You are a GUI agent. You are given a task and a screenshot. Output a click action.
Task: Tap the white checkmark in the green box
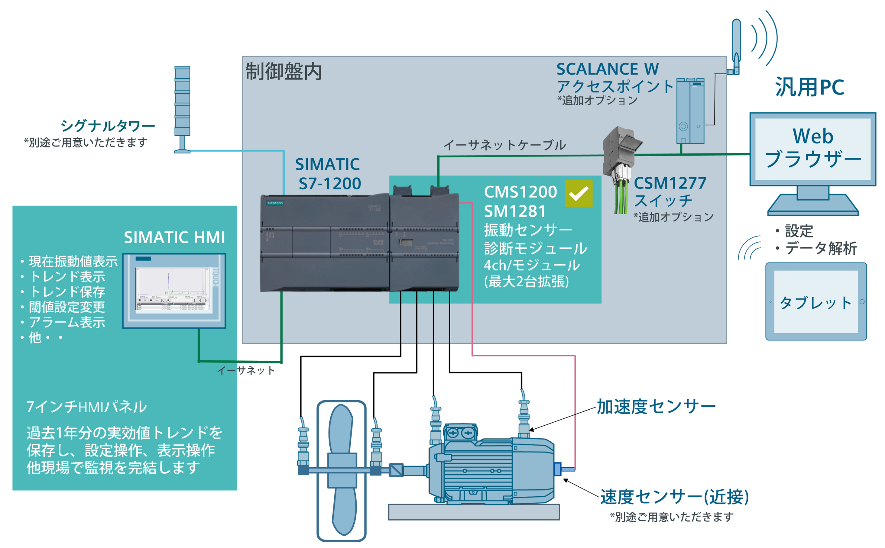pos(578,194)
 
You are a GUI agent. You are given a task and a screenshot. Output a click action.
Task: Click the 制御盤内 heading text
pos(284,71)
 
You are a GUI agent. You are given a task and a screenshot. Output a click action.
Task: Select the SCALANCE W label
pos(607,69)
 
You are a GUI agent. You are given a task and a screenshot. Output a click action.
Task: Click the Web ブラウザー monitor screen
pos(812,149)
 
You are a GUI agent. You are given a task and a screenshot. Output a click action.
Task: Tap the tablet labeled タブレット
pos(815,301)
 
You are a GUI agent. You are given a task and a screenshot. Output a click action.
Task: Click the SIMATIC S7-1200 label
pos(328,174)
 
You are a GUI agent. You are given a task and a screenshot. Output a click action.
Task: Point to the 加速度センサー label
pos(656,406)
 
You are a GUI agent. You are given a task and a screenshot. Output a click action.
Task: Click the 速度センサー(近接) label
pos(674,497)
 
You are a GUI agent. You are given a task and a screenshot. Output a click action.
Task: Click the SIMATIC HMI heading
pos(174,237)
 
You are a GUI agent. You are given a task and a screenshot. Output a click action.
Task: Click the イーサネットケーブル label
pos(504,145)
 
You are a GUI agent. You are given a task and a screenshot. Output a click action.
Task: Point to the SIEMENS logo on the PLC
pos(275,203)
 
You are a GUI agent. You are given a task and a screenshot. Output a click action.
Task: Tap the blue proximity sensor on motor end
pos(558,469)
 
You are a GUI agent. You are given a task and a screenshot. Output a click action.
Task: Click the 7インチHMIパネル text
pos(86,407)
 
